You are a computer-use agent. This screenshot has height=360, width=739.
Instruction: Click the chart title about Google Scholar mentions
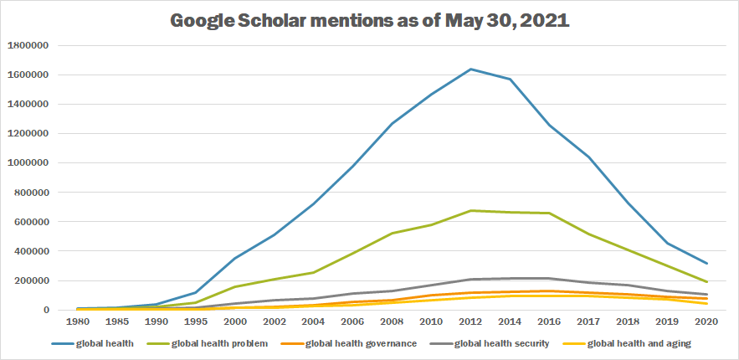pos(369,21)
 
